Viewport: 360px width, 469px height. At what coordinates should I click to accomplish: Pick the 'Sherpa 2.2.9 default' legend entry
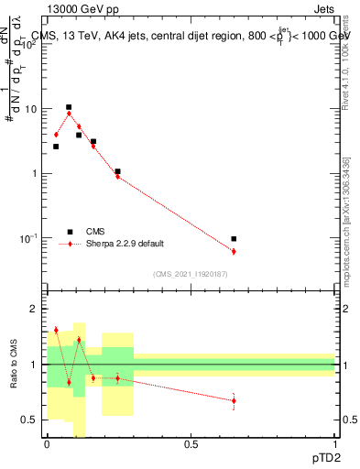(x=125, y=244)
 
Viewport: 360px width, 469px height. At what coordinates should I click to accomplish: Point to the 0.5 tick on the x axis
(x=191, y=443)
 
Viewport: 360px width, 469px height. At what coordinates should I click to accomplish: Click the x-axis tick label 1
(x=334, y=443)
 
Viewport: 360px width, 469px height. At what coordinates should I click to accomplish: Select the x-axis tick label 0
(x=47, y=443)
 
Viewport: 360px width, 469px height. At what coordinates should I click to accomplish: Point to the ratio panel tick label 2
(x=34, y=309)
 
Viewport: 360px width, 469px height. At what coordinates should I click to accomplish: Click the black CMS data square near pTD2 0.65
(x=234, y=239)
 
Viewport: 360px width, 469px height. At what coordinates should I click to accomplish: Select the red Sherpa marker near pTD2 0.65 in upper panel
(x=234, y=251)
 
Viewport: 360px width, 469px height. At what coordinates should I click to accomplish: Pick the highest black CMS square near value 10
(x=69, y=107)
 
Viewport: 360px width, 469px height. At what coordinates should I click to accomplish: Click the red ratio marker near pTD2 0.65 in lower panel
(x=234, y=400)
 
